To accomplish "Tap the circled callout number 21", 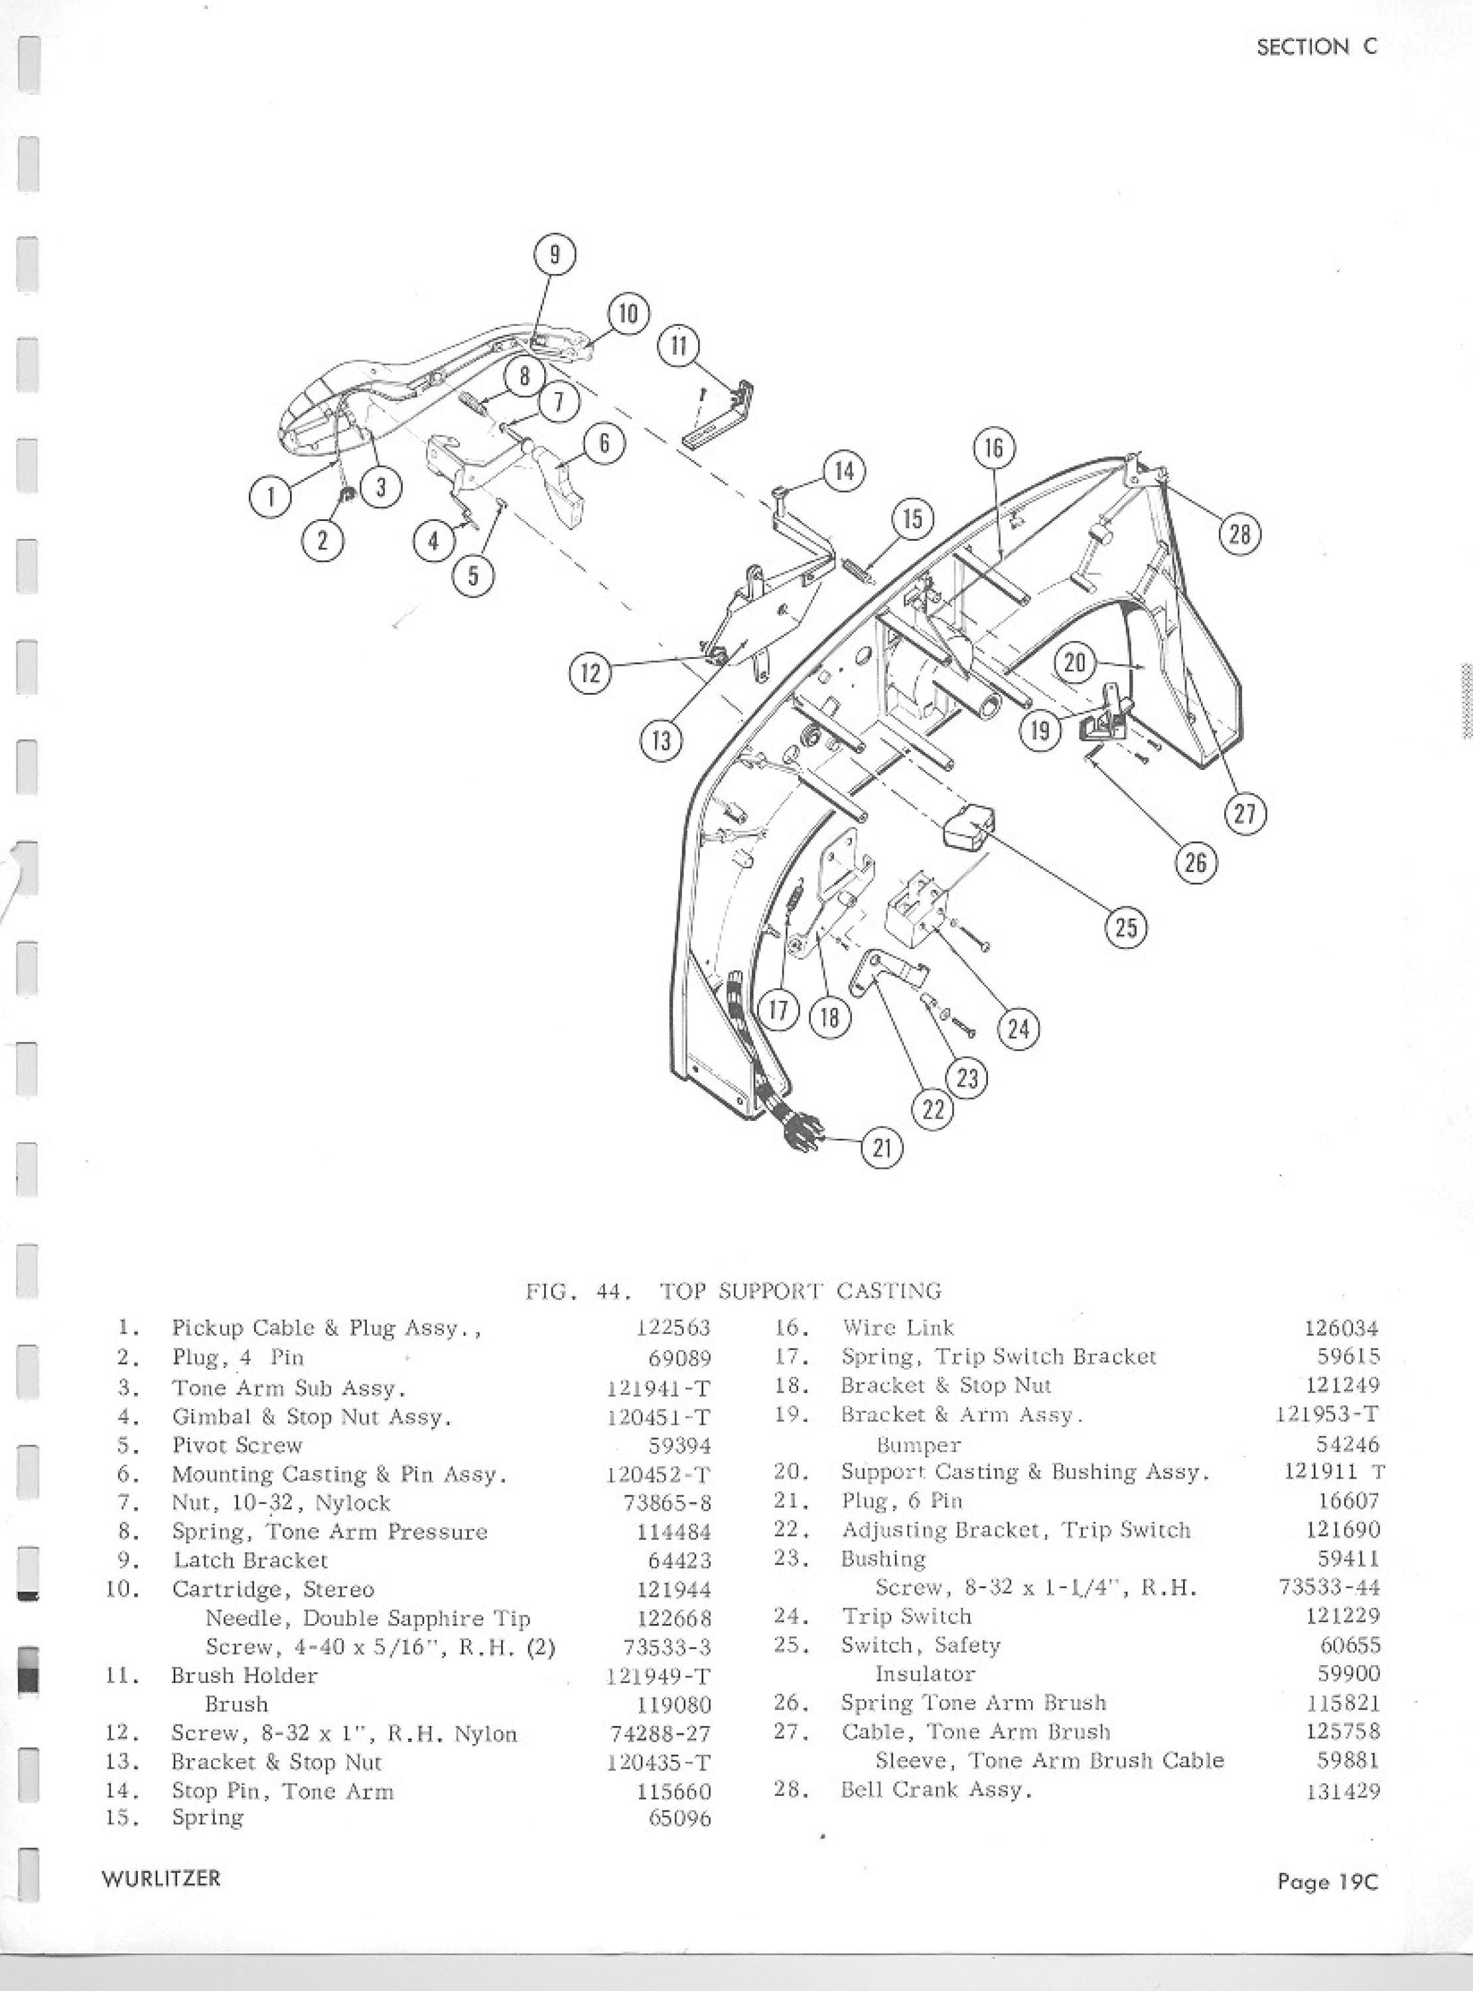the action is [882, 1147].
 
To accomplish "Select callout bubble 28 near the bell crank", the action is [1239, 534].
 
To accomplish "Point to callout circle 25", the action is [1125, 927].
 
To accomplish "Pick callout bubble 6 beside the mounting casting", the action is [604, 443].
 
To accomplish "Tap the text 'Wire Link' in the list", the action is [898, 1327].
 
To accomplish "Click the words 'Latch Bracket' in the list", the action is [251, 1560].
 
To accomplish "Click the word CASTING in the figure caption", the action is [889, 1290].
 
